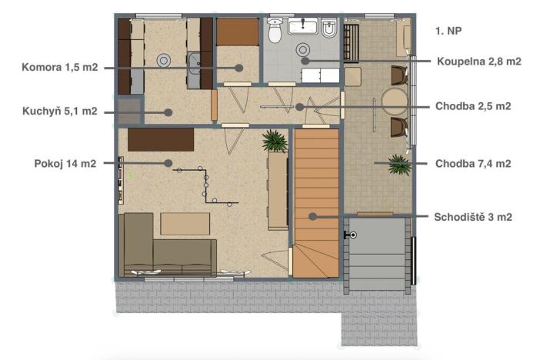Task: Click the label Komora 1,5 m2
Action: point(60,67)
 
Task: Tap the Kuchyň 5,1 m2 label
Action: point(60,112)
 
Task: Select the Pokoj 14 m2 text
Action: point(65,163)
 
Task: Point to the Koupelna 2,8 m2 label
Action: point(479,60)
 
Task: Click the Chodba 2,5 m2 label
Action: point(473,107)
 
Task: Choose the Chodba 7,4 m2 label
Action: point(473,163)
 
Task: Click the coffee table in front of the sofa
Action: point(185,223)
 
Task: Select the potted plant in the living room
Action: point(273,140)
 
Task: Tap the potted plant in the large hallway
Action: point(398,165)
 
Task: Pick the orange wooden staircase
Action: point(315,200)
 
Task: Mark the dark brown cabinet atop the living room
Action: point(160,139)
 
